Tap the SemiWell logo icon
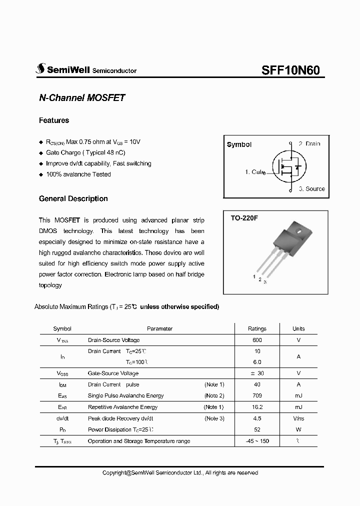pos(40,69)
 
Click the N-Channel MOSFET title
pos(81,98)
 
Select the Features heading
pos(54,120)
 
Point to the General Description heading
pos(73,198)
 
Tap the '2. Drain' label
pos(309,143)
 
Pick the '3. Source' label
pos(311,189)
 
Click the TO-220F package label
pos(243,218)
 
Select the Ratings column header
pos(257,328)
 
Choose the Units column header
pos(298,328)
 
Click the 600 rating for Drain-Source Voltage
pos(257,340)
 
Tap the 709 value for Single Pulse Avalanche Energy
pos(257,395)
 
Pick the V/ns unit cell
pos(298,418)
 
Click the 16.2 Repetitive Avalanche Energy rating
pos(257,407)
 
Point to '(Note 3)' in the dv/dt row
pos(214,418)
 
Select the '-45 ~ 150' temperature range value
pos(257,441)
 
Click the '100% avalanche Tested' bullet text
pos(78,174)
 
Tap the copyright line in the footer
pos(180,472)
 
